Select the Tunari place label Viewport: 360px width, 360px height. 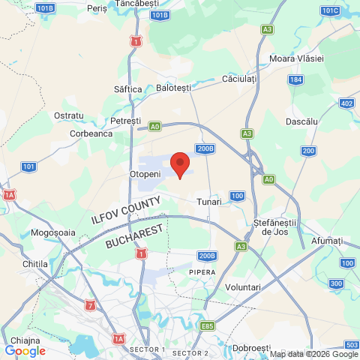tap(209, 202)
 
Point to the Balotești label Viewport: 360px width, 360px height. tap(174, 88)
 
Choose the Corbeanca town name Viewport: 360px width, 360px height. tap(91, 133)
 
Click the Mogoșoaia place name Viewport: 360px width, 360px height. tap(53, 232)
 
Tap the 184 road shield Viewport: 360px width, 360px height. tap(297, 79)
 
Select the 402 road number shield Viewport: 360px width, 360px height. tap(346, 103)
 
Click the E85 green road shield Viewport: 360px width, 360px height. tap(208, 326)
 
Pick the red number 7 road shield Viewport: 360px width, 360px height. tap(91, 305)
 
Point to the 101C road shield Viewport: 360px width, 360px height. tap(330, 10)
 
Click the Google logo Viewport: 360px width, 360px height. tap(25, 350)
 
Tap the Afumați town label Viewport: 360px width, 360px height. tap(328, 241)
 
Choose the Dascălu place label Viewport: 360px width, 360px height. tap(302, 121)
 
